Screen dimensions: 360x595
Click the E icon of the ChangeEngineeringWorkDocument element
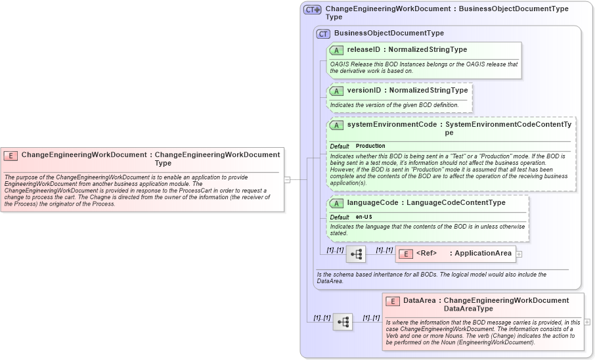pos(11,156)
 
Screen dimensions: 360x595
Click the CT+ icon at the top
pos(312,10)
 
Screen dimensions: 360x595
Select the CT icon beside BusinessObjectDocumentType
pos(323,34)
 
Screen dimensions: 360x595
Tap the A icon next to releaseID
pos(336,50)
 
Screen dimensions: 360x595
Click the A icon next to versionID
pos(336,91)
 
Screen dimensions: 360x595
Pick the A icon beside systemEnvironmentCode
pos(336,125)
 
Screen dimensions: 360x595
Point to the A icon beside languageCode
pos(336,204)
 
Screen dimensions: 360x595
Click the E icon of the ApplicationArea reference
pos(407,254)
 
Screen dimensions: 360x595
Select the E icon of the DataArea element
pos(392,301)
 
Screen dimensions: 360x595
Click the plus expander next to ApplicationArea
pos(519,254)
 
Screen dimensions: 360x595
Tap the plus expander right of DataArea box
pos(586,322)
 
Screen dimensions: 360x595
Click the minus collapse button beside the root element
pos(287,179)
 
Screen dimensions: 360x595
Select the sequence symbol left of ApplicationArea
pos(356,254)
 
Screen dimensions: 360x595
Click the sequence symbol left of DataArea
pos(343,322)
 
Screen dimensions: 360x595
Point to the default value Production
pos(370,146)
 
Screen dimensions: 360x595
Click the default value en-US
pos(364,217)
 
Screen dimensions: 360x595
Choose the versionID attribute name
pos(364,90)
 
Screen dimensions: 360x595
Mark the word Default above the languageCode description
pos(340,217)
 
